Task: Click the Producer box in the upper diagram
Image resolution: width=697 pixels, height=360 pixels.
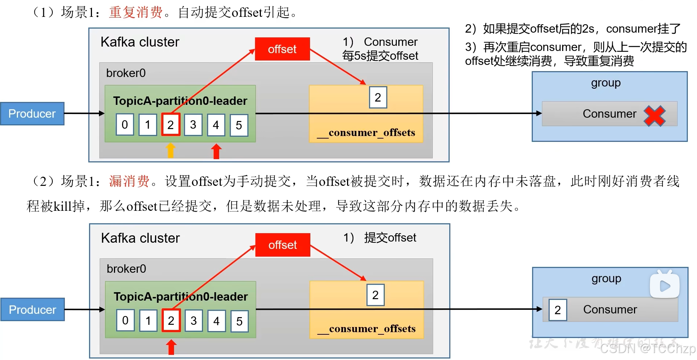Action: pos(32,114)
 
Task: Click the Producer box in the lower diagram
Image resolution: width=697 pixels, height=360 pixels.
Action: pos(33,310)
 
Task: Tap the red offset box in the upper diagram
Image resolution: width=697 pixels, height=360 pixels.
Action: pos(282,49)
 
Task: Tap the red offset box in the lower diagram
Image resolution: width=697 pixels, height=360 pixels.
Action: pos(283,245)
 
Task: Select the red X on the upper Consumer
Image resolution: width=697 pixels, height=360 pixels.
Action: pos(654,116)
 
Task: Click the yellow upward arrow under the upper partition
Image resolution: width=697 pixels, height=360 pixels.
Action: pos(170,150)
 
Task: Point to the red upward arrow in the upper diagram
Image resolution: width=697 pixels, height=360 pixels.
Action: pos(216,151)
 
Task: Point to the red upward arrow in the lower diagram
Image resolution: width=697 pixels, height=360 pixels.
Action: pos(171,347)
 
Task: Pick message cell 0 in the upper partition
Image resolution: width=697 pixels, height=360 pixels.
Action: pos(125,125)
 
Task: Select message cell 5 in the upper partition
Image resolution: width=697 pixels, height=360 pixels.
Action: pos(239,125)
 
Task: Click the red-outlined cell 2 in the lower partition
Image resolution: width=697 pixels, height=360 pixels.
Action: pos(171,321)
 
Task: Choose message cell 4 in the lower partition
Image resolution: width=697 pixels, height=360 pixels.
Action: pos(217,321)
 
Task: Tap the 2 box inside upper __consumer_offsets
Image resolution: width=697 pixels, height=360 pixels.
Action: pos(378,97)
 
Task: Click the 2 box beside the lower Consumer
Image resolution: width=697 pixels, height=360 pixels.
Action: pos(558,310)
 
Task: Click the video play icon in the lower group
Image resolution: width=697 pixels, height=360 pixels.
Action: pos(665,285)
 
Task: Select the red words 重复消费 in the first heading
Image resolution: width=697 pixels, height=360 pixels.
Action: pos(136,12)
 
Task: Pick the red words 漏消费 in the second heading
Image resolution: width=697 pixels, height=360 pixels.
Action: pos(129,181)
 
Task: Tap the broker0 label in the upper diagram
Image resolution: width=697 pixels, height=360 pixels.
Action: pos(126,73)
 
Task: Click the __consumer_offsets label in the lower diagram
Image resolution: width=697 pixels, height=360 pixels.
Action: pos(366,328)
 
